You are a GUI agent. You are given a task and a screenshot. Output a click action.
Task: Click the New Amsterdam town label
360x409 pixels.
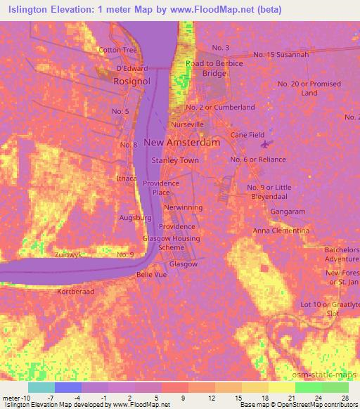[181, 142]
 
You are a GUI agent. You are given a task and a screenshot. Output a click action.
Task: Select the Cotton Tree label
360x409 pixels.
[118, 51]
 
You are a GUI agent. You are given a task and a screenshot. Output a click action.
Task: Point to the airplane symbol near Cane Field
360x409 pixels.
[264, 145]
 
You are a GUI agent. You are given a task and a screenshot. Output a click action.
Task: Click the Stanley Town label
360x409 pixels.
[175, 160]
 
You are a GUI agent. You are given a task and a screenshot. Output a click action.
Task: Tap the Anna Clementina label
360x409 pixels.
[281, 231]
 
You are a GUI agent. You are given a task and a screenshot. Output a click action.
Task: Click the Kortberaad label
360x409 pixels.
[75, 290]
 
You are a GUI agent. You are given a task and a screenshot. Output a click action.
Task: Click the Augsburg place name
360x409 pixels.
[136, 218]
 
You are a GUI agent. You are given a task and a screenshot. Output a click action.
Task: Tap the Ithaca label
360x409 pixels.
[127, 178]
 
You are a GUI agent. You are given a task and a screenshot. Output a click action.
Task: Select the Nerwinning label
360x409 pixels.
[183, 208]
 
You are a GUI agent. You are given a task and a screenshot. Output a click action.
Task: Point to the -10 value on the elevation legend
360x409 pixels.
[16, 398]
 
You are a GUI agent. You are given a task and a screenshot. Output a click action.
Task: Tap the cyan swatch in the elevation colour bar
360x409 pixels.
[41, 387]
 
